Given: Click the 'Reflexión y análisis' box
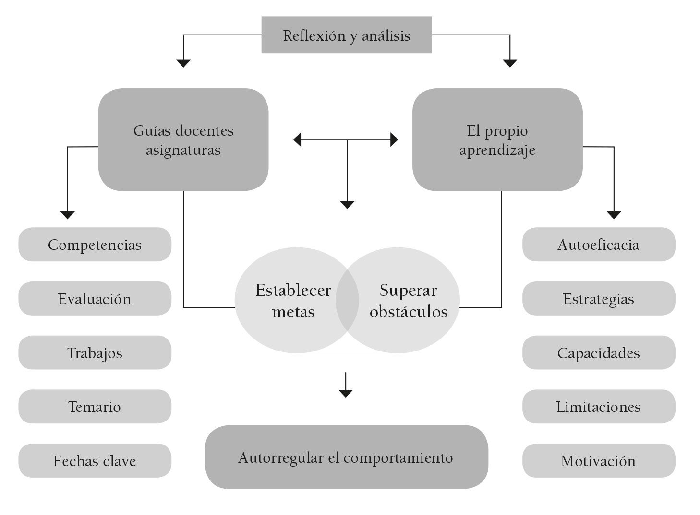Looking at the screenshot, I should pyautogui.click(x=346, y=35).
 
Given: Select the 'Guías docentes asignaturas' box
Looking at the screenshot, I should pyautogui.click(x=183, y=140).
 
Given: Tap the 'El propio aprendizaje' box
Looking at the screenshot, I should pyautogui.click(x=497, y=140).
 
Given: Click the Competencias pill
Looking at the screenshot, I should pyautogui.click(x=95, y=245).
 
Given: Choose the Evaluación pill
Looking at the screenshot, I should pyautogui.click(x=95, y=299).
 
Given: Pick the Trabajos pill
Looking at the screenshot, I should pyautogui.click(x=95, y=353).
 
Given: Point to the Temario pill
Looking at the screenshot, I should pyautogui.click(x=95, y=407).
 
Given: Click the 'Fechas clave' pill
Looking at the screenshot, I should pyautogui.click(x=95, y=461).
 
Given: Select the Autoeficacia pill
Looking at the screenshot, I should pyautogui.click(x=598, y=245).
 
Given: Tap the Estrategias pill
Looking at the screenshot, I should pyautogui.click(x=598, y=299).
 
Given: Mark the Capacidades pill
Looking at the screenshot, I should pyautogui.click(x=598, y=353).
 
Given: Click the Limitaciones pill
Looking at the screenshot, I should pyautogui.click(x=598, y=407).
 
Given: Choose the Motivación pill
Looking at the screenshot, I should pyautogui.click(x=598, y=461).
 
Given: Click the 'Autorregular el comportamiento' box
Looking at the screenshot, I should pyautogui.click(x=346, y=457).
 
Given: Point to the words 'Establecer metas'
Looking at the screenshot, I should pyautogui.click(x=293, y=301).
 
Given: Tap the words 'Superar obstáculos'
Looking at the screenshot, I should pyautogui.click(x=409, y=301).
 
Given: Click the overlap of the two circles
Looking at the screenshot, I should pyautogui.click(x=347, y=301).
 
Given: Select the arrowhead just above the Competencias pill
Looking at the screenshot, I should pyautogui.click(x=68, y=215).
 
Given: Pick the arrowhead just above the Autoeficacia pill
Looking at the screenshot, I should pyautogui.click(x=614, y=215).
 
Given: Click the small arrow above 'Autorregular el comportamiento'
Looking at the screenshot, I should pyautogui.click(x=346, y=392).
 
